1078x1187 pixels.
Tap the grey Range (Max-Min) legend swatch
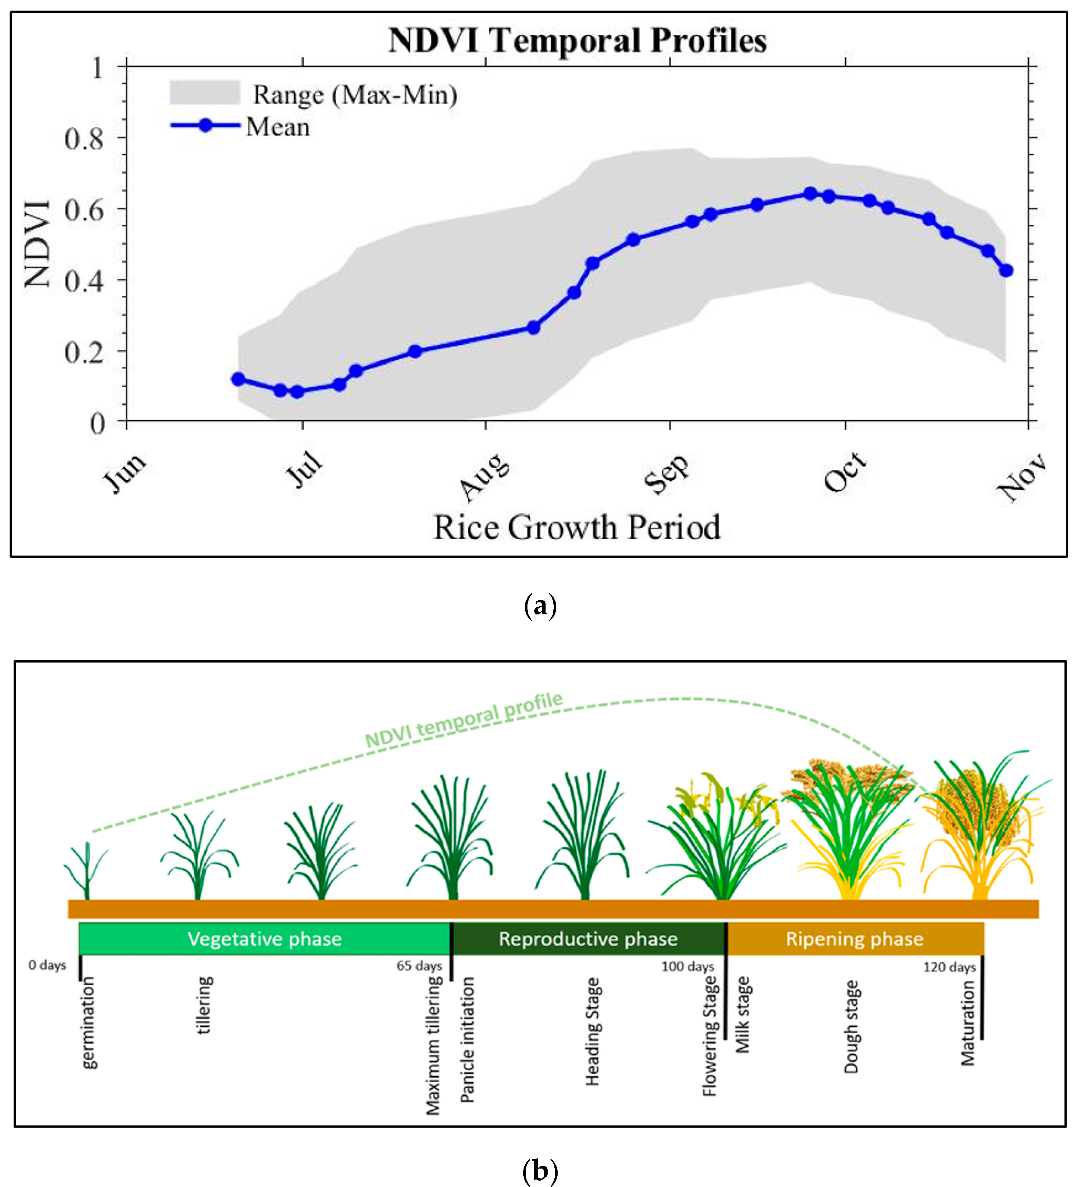205,92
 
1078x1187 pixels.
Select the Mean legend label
278,127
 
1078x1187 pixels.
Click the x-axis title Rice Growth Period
577,527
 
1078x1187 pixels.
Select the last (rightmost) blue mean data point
1006,270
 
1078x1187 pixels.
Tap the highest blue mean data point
810,194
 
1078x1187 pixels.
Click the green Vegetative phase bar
265,939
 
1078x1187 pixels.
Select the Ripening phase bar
855,939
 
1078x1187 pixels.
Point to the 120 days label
949,967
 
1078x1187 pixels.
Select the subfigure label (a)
540,606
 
